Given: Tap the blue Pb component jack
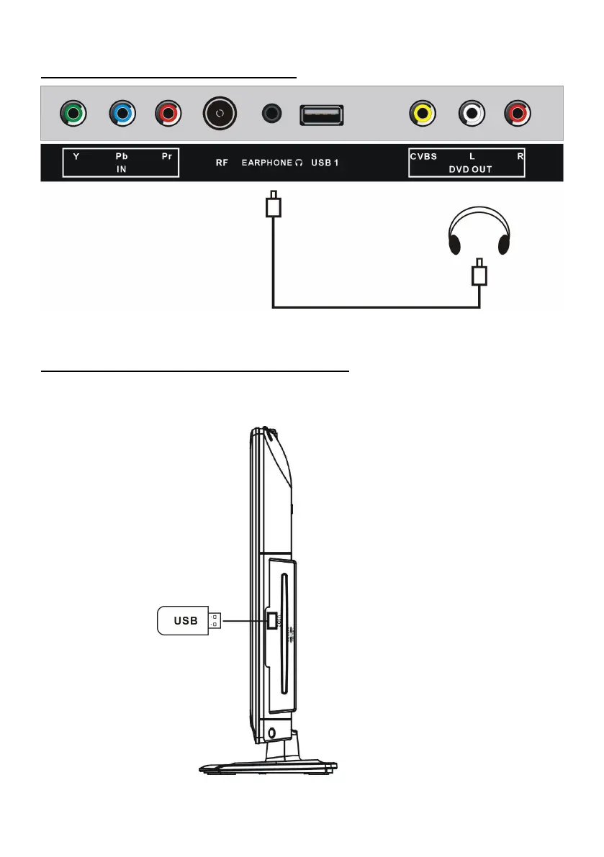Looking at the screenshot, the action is pos(122,114).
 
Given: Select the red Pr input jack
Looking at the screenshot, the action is pos(168,114).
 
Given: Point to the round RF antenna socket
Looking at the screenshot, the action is pos(220,113).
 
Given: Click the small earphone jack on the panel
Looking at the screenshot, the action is pos(271,113).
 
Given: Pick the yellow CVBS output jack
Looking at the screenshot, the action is pos(422,113).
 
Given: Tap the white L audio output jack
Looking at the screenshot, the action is pos(472,113).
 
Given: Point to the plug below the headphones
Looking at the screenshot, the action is pos(479,275).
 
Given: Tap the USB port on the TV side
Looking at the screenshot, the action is pos(271,620).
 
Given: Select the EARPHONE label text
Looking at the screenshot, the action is pos(266,163).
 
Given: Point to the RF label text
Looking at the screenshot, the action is pos(222,163).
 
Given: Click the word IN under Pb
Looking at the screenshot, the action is pos(121,169).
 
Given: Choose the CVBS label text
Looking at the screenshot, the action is pos(423,156).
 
